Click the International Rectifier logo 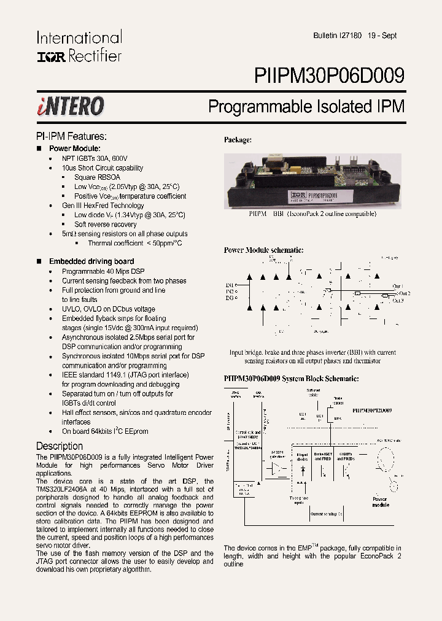tap(79, 46)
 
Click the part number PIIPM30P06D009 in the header tap(329, 75)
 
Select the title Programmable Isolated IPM tap(306, 106)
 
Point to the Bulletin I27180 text tap(337, 36)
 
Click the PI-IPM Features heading tap(71, 136)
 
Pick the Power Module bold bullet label tap(74, 148)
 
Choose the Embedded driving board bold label tap(91, 261)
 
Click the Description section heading tap(60, 445)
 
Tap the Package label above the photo tap(238, 140)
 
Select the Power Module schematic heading tap(263, 250)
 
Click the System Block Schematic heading tap(290, 379)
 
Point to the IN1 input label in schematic tap(229, 285)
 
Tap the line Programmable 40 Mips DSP tap(103, 271)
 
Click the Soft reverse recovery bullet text tap(105, 225)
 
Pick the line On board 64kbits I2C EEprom tap(105, 431)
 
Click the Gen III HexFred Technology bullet tap(103, 206)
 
